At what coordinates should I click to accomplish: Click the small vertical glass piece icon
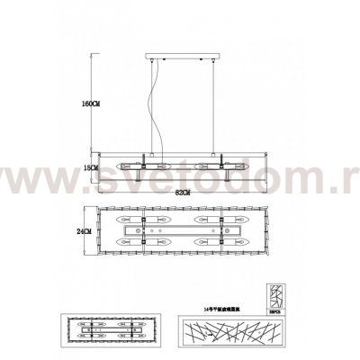(277, 294)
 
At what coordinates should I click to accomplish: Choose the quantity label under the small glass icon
(277, 309)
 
